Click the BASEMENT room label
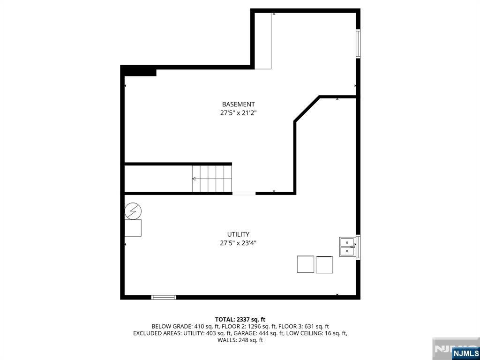pos(238,104)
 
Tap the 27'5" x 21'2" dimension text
pos(238,113)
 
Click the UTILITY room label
pos(238,234)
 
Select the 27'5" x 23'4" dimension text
pos(238,243)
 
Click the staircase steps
pos(212,179)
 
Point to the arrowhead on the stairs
pos(194,179)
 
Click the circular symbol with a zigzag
pos(133,211)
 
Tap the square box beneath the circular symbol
pos(133,228)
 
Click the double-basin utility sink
pos(347,247)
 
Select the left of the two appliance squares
pos(306,264)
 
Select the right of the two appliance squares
pos(324,264)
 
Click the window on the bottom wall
pos(164,297)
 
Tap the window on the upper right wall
pos(358,44)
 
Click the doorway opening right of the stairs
pos(244,193)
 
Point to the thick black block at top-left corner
pos(139,71)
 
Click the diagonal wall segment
pos(307,109)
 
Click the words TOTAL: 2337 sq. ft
pos(240,319)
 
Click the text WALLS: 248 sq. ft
pos(240,340)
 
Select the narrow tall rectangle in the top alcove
pos(263,41)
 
